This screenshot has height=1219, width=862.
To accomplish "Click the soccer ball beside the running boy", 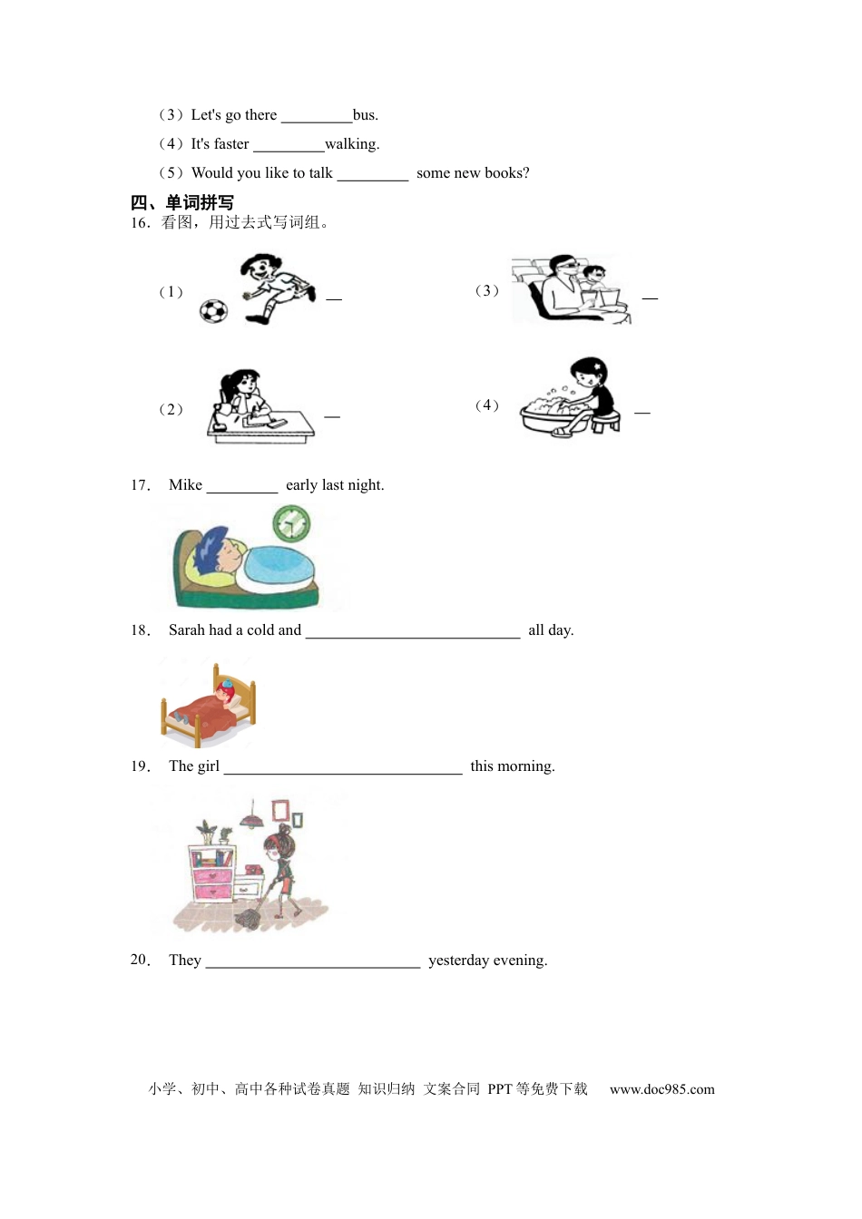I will (213, 311).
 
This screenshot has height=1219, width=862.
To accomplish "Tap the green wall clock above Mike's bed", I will (291, 524).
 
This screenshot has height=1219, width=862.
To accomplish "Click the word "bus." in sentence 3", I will (366, 115).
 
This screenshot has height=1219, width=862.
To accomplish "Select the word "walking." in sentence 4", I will (352, 144).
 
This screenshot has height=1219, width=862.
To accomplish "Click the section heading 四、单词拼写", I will (182, 202).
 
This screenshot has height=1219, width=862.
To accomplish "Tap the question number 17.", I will (141, 485).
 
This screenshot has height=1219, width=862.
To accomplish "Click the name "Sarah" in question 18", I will (187, 630).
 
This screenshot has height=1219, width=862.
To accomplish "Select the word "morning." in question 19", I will (525, 766).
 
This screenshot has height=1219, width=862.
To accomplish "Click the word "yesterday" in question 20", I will (458, 961).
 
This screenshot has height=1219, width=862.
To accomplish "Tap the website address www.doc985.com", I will (661, 1089).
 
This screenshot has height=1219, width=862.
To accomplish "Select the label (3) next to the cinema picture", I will (487, 290).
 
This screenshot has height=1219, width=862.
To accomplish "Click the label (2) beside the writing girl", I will (171, 409).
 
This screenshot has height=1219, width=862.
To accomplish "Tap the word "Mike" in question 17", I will (186, 485).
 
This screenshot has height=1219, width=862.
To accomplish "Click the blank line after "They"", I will (313, 963).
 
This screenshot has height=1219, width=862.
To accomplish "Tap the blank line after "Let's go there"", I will (316, 118).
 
